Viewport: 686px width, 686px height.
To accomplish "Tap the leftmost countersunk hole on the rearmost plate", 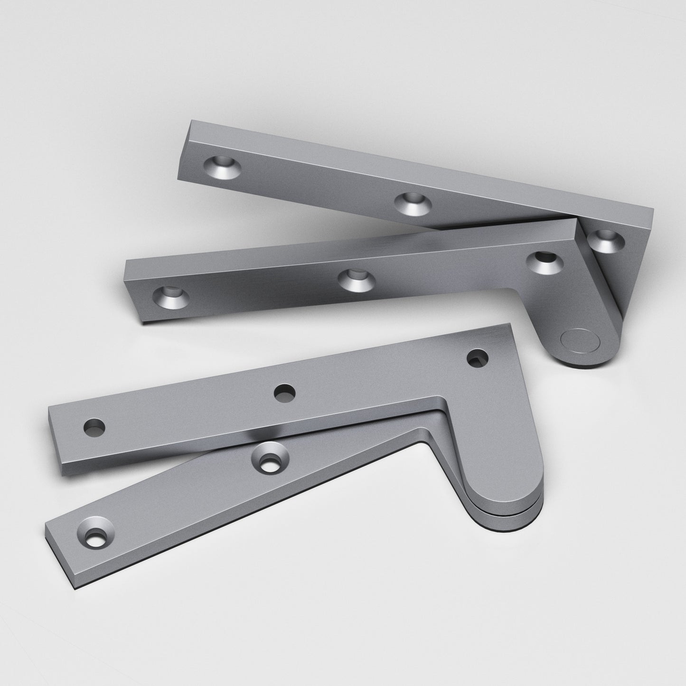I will (x=222, y=168).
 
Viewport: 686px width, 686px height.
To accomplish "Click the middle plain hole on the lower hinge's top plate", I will (x=284, y=393).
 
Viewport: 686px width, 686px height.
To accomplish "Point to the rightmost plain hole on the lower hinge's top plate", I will (x=478, y=357).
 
